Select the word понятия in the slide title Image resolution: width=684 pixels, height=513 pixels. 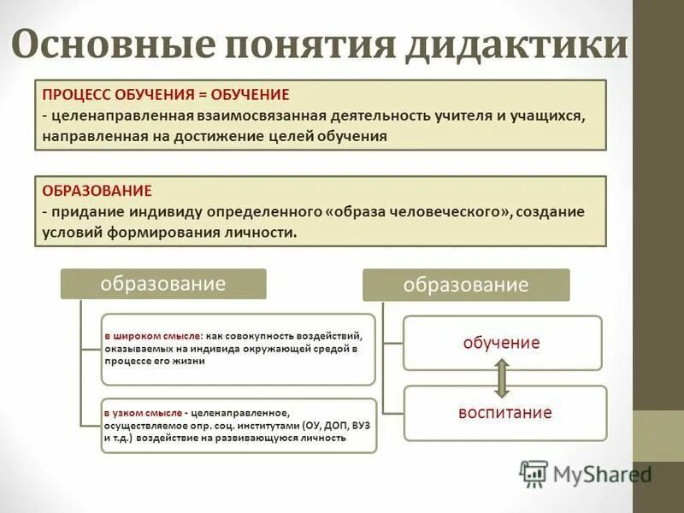[x=311, y=44]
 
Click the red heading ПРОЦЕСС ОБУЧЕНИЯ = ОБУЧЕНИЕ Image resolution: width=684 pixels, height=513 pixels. [x=166, y=94]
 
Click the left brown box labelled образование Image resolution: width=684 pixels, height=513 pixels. [x=162, y=284]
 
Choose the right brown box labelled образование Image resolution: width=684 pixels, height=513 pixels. [x=466, y=285]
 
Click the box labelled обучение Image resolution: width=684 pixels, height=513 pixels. [x=502, y=343]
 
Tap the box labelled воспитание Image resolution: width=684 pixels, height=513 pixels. [x=504, y=413]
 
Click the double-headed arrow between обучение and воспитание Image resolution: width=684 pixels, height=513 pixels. [x=502, y=378]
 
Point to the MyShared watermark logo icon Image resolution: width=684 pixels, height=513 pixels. [x=534, y=473]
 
